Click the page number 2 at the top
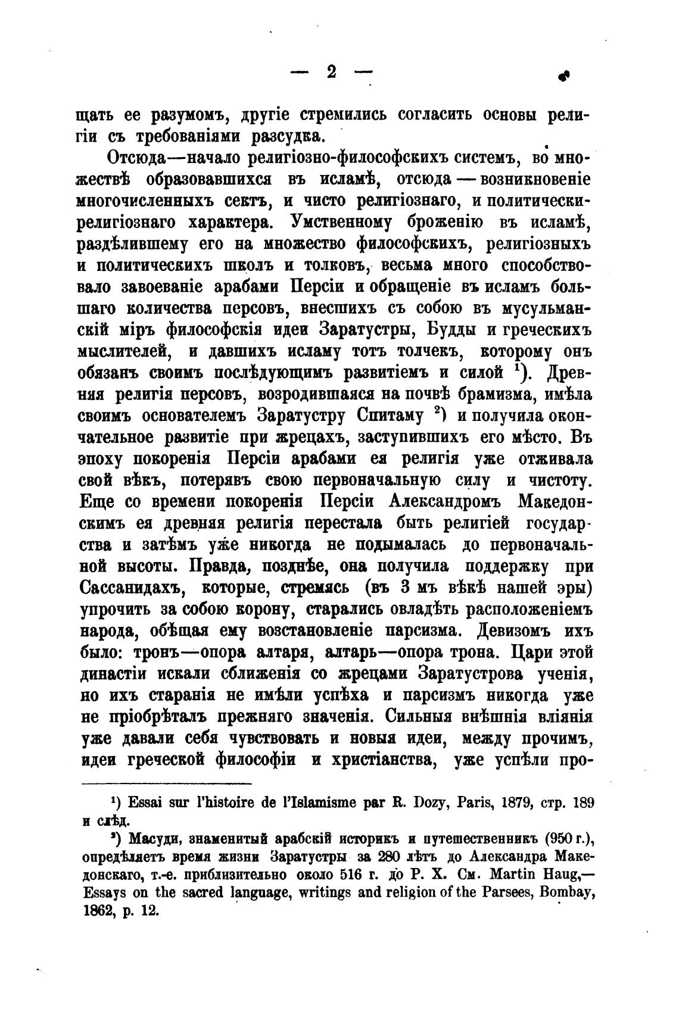331,72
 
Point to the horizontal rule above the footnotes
166,784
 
